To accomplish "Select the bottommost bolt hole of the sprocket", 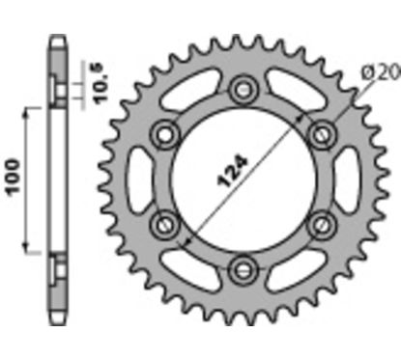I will point(241,265).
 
